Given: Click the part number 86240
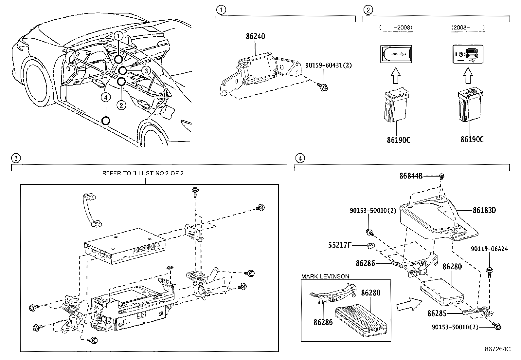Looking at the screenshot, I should [255, 37].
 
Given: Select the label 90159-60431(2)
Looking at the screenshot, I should [328, 66].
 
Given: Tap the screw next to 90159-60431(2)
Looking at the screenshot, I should [324, 87].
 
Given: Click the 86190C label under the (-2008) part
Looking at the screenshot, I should [398, 140].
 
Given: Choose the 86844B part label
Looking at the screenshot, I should [411, 176].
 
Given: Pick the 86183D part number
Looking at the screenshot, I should [484, 210].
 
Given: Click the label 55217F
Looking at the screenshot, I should [340, 244].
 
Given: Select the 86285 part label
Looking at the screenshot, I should [437, 313].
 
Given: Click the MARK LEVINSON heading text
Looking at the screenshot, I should [325, 276].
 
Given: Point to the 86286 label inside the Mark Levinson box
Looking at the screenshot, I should [323, 322].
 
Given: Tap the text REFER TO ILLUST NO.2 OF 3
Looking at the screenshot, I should [143, 173].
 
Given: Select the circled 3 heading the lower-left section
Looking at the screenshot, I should [15, 159].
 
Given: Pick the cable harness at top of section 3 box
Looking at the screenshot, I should [91, 210].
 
